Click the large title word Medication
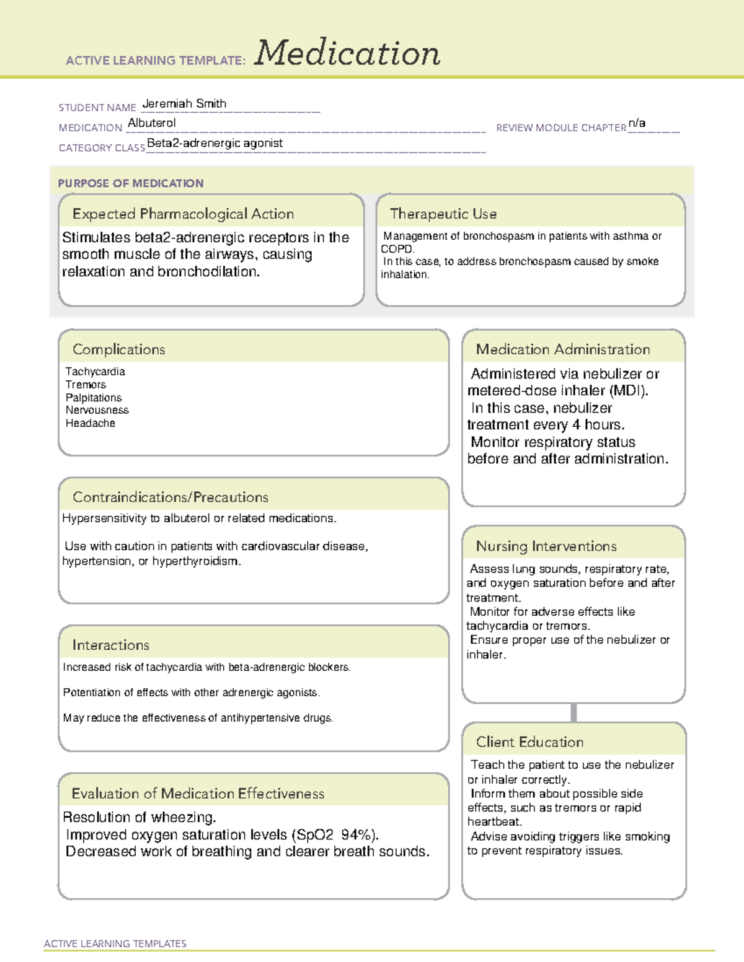point(347,53)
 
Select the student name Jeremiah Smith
point(184,104)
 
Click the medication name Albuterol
point(152,123)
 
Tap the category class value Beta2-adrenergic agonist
point(215,143)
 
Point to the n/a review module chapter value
point(637,123)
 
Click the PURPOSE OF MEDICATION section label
point(130,183)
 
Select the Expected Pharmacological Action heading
point(183,214)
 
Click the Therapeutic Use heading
point(443,214)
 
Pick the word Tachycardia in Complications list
point(95,372)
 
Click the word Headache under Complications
point(91,424)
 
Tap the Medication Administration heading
point(562,349)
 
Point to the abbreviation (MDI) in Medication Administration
point(628,391)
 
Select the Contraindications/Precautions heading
point(170,497)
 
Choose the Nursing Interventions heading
point(546,546)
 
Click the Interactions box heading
point(110,645)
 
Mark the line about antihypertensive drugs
point(198,718)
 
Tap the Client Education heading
point(529,742)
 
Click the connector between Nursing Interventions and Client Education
point(573,712)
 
